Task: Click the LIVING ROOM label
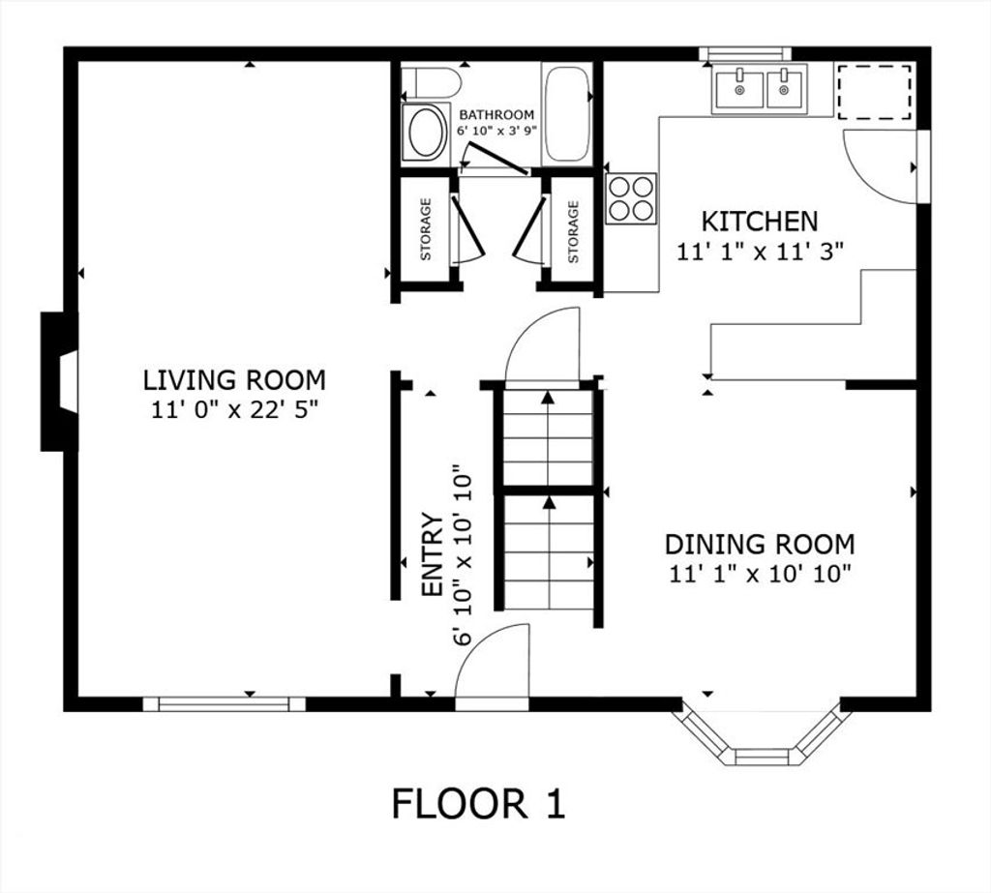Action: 234,380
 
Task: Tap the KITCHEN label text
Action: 760,222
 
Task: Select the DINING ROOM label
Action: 760,544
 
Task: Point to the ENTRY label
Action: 433,554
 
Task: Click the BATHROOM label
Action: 496,115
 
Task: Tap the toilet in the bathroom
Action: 431,81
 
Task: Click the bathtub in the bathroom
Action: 568,114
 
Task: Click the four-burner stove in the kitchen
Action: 631,198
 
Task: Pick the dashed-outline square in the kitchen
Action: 875,90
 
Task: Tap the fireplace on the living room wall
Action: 59,381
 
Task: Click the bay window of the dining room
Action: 762,733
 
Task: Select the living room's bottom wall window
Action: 224,704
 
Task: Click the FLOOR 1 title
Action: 478,804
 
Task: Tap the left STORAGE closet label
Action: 426,229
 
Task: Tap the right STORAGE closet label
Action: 573,232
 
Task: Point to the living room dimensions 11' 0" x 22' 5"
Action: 234,410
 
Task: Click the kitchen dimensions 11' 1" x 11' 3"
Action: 761,253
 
